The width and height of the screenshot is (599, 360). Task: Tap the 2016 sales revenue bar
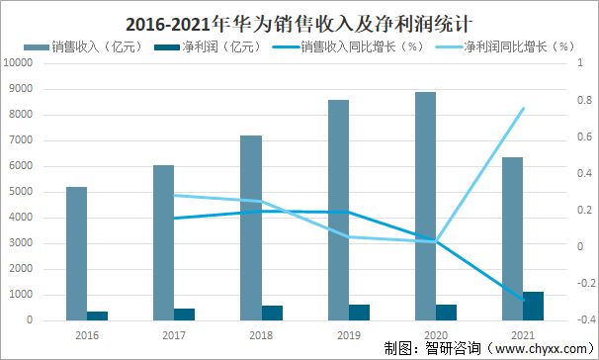click(77, 253)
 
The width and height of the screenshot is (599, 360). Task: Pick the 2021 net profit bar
click(533, 306)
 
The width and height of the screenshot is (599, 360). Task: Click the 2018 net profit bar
click(272, 313)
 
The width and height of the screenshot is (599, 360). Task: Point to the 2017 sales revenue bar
click(164, 242)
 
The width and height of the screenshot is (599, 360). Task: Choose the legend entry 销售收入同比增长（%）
click(354, 46)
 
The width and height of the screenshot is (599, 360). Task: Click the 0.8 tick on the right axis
click(584, 100)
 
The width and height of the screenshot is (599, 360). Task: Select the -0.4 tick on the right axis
click(583, 320)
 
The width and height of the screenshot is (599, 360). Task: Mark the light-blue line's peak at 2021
click(523, 109)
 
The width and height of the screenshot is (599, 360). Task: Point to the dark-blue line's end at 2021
click(523, 300)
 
